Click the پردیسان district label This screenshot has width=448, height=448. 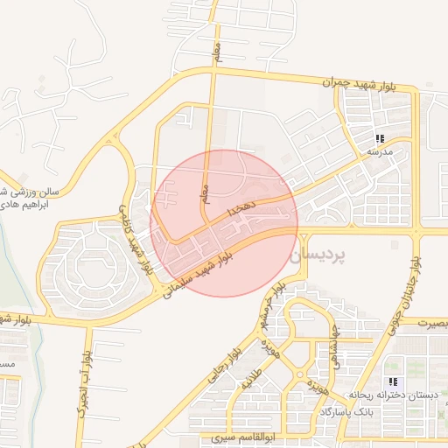point(317,255)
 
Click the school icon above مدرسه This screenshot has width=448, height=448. point(380,138)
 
